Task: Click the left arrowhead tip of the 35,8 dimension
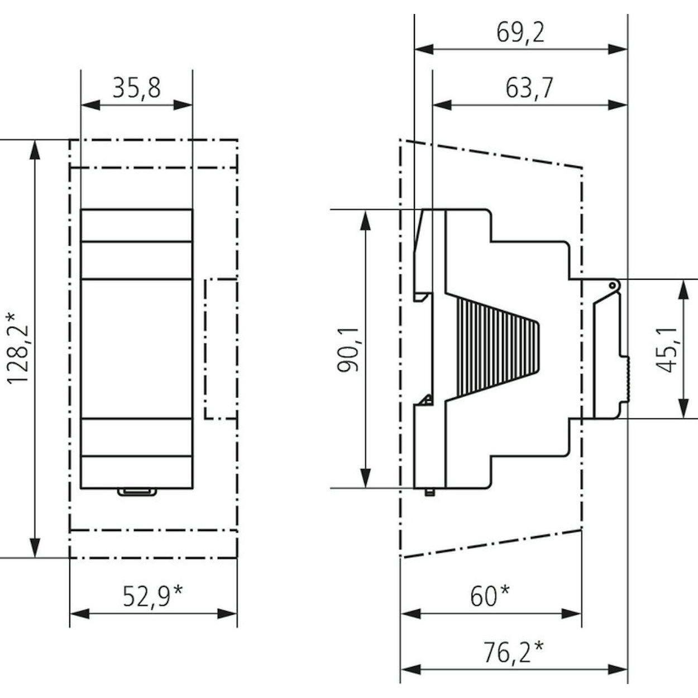point(81,106)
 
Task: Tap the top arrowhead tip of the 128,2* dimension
point(35,140)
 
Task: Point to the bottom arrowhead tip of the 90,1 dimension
point(366,488)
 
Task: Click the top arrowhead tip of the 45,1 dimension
point(683,280)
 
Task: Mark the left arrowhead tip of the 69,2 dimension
point(415,49)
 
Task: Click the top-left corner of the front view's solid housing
point(81,209)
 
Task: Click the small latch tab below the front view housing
point(137,491)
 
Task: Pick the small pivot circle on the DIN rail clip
point(612,286)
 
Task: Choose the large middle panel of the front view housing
point(137,348)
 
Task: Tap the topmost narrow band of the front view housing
point(137,225)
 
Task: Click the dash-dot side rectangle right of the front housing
point(221,349)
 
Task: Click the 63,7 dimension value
point(529,89)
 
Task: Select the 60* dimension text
point(489,596)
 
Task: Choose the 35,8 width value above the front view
point(137,88)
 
